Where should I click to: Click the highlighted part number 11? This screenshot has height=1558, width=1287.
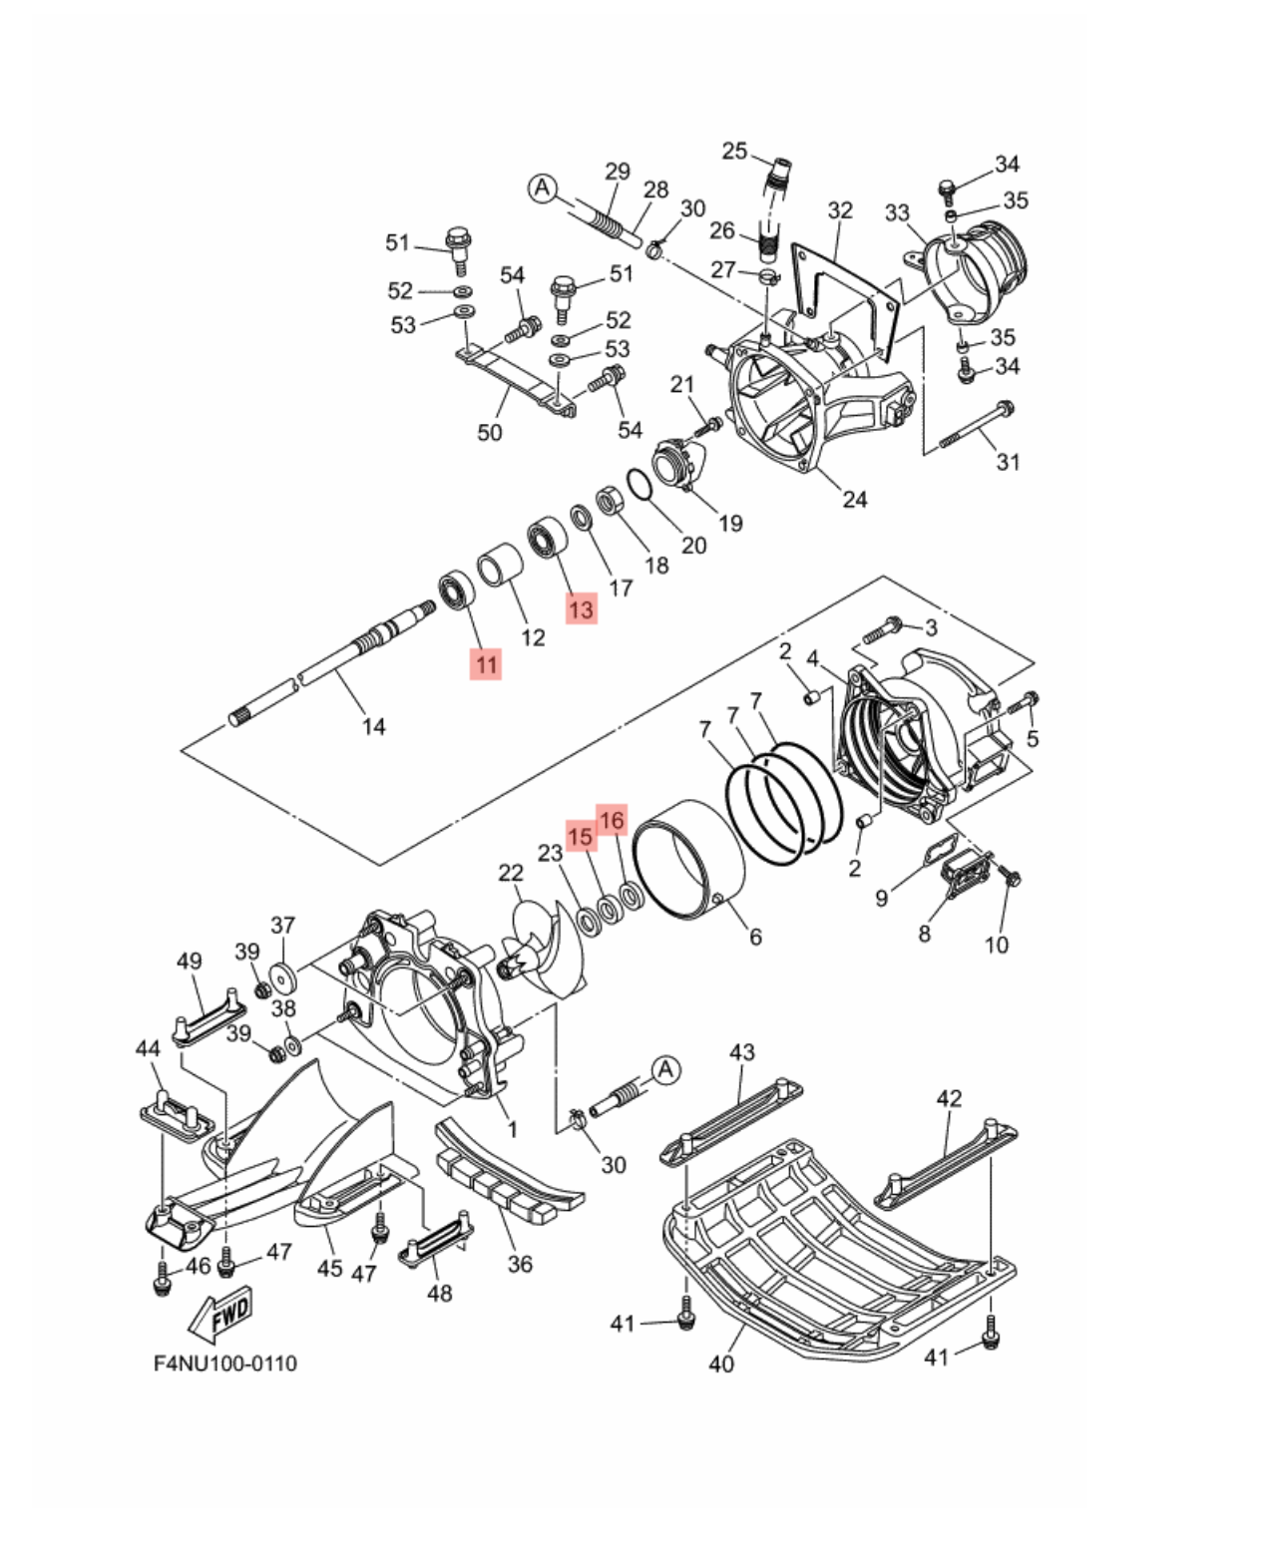[x=486, y=664]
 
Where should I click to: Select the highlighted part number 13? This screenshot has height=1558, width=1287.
[x=581, y=608]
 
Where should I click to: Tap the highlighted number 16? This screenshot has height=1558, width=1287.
[x=612, y=820]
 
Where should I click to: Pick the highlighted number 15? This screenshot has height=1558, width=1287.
[x=581, y=837]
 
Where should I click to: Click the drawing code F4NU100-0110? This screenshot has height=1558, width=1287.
[x=225, y=1363]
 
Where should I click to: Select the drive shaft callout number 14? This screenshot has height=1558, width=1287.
[x=373, y=726]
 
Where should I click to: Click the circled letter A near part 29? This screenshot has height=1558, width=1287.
[x=543, y=189]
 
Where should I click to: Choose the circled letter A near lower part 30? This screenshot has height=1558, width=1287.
[x=665, y=1070]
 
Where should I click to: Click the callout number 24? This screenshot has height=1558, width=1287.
[x=855, y=499]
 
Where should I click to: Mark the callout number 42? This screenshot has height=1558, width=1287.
[x=949, y=1097]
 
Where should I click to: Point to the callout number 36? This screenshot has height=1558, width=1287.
[x=520, y=1264]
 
